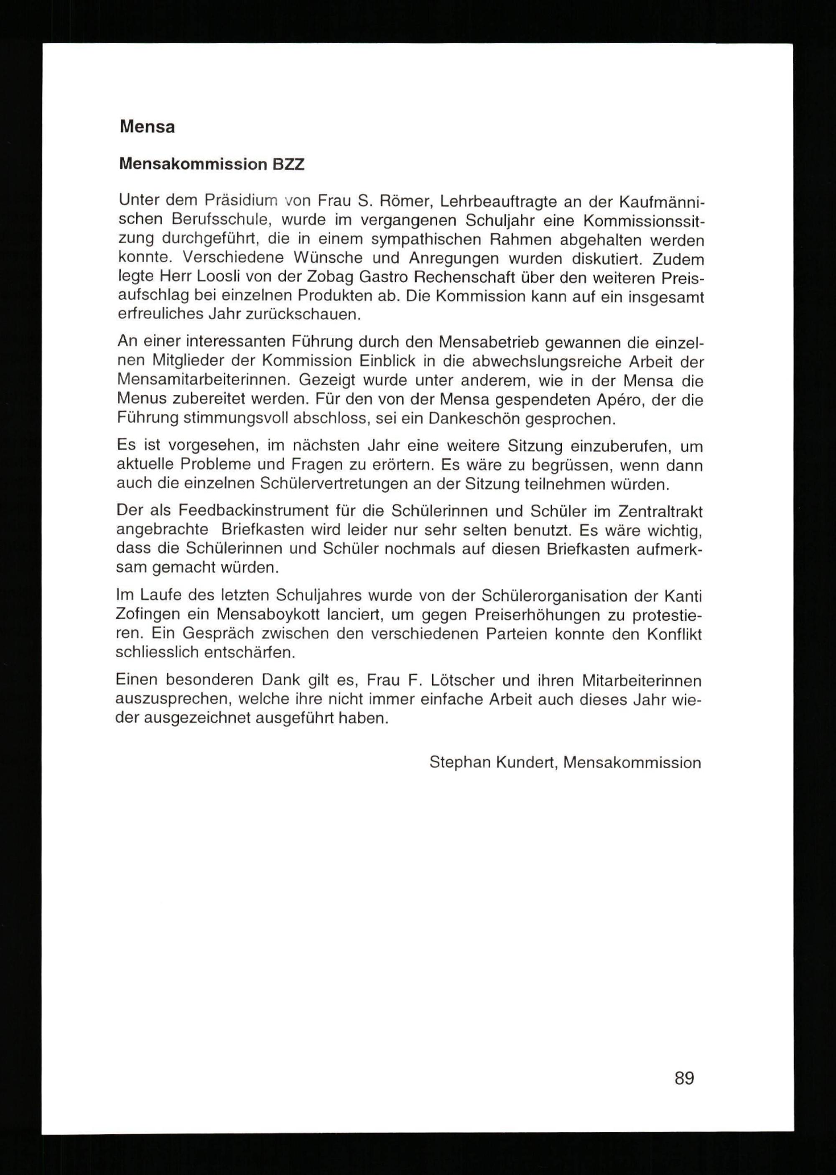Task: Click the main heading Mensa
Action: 147,127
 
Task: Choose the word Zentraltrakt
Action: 660,511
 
